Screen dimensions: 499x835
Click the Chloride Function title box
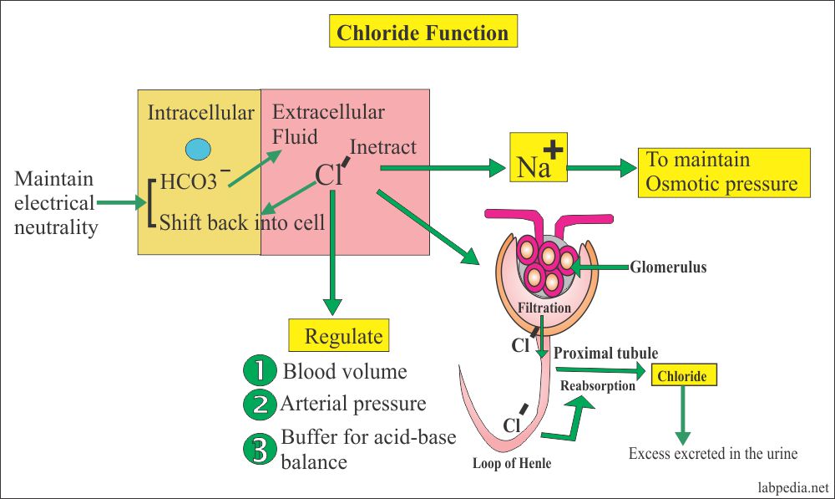tap(422, 33)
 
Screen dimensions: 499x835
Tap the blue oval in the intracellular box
tap(198, 149)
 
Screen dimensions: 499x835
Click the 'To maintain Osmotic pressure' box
tap(723, 172)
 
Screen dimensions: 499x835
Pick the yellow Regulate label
tap(342, 336)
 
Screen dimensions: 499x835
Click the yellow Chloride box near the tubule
tap(682, 376)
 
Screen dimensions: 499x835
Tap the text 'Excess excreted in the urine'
tap(713, 454)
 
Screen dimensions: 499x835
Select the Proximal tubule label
tap(606, 354)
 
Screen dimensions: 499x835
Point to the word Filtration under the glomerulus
tap(543, 308)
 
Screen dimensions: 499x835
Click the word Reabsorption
tap(597, 385)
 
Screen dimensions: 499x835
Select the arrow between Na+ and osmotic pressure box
tap(601, 167)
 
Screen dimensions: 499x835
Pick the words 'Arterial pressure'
tap(353, 405)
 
